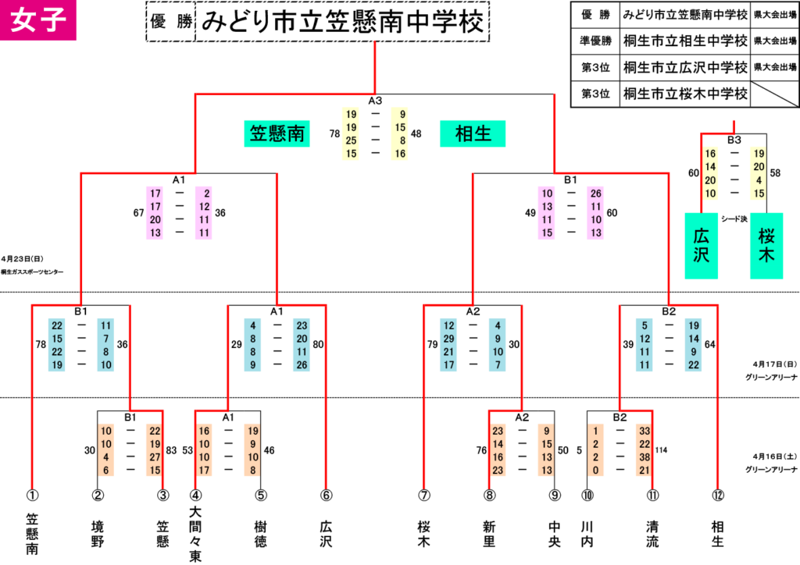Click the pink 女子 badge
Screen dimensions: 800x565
37,20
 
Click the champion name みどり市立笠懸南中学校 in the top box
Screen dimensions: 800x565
342,22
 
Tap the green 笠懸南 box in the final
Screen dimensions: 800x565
277,133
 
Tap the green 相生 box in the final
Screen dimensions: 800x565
473,133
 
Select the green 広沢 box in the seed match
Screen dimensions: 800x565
701,246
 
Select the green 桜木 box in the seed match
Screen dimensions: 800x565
766,246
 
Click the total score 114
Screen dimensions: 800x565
661,450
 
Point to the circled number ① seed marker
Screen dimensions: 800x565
32,495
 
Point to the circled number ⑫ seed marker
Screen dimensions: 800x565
718,495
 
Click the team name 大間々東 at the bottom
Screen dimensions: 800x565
195,534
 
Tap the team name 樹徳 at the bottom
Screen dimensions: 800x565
261,534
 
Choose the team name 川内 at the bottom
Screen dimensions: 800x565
587,534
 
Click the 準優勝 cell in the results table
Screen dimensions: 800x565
595,41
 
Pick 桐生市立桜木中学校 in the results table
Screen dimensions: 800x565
685,94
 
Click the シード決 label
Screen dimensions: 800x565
734,219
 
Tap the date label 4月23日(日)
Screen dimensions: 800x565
23,259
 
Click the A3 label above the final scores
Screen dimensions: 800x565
375,101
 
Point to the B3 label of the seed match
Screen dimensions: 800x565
734,140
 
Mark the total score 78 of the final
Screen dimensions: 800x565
334,134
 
